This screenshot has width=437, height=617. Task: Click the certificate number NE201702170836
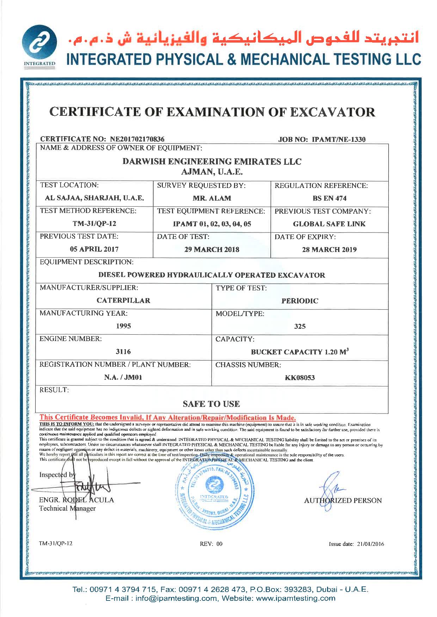pyautogui.click(x=135, y=139)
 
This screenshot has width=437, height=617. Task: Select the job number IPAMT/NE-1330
pyautogui.click(x=339, y=139)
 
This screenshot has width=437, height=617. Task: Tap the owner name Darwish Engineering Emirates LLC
pyautogui.click(x=212, y=162)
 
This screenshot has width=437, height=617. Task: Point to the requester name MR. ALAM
pyautogui.click(x=212, y=198)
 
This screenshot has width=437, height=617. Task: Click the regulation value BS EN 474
pyautogui.click(x=329, y=198)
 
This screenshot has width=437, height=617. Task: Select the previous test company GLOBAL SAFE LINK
pyautogui.click(x=329, y=224)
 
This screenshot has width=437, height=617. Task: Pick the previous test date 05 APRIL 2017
pyautogui.click(x=94, y=249)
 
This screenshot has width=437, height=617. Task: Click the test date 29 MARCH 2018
pyautogui.click(x=212, y=250)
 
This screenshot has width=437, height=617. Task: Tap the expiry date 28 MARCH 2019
pyautogui.click(x=329, y=250)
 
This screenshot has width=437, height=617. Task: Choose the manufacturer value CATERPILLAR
pyautogui.click(x=123, y=301)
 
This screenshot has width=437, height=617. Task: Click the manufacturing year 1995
pyautogui.click(x=123, y=326)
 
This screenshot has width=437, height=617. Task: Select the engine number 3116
pyautogui.click(x=123, y=352)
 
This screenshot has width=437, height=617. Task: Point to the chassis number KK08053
pyautogui.click(x=300, y=378)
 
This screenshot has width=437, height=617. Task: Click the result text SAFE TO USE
pyautogui.click(x=211, y=404)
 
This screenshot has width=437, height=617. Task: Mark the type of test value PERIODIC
pyautogui.click(x=300, y=301)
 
